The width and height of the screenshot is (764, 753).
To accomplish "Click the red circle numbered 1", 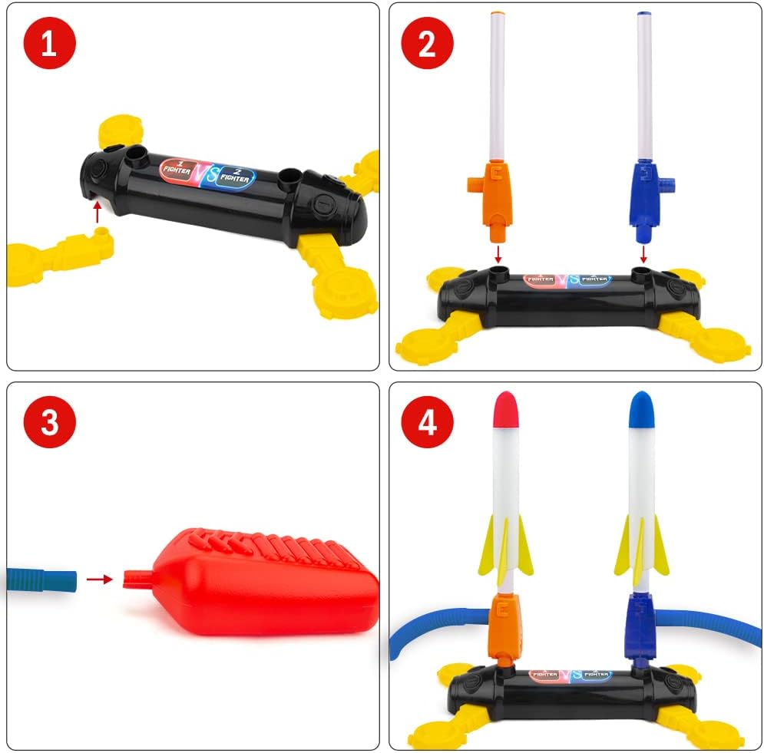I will click(49, 45).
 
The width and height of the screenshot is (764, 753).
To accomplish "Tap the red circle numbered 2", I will click(427, 45).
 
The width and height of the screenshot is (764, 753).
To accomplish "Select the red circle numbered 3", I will click(49, 422).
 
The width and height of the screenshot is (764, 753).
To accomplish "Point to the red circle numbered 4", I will click(427, 422).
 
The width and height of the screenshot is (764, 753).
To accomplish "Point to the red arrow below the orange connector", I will click(498, 253).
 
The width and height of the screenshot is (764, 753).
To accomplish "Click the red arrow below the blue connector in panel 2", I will click(643, 253).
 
